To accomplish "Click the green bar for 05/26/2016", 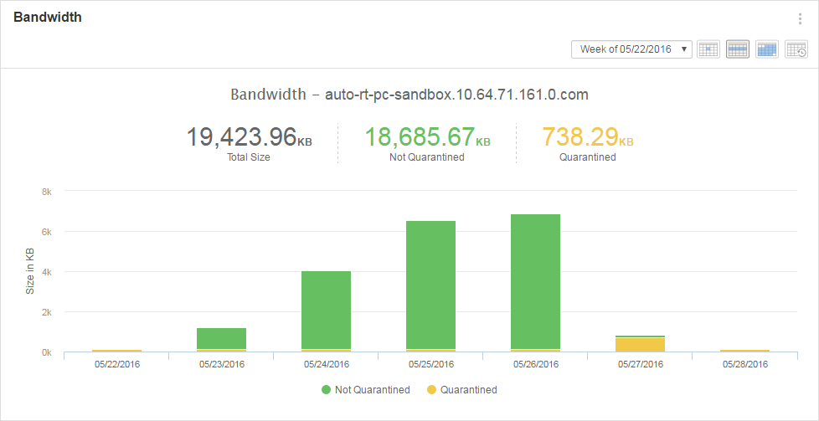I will (535, 280).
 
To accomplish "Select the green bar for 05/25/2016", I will (430, 285).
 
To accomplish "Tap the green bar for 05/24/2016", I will (326, 310).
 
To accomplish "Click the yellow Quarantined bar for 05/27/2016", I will (640, 344).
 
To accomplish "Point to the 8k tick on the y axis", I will (46, 192).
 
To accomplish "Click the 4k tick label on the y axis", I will (46, 272).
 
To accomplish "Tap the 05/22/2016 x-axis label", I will (116, 364).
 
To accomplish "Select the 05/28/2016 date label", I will (744, 364).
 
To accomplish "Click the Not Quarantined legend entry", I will (366, 390).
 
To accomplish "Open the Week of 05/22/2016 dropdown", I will (631, 49).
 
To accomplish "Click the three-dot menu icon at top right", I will (800, 19).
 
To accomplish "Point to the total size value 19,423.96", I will (241, 136).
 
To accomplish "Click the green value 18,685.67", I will (419, 136).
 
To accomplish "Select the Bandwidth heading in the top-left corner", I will (48, 17).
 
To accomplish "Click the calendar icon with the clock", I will (796, 49).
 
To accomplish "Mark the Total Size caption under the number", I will (249, 157).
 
